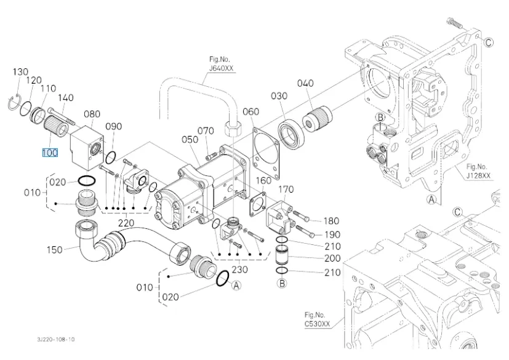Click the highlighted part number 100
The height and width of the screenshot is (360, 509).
(50, 153)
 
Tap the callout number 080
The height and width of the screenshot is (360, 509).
(92, 114)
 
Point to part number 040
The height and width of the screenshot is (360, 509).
(306, 83)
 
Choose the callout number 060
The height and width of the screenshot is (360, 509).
(250, 111)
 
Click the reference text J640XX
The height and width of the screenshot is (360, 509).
(221, 68)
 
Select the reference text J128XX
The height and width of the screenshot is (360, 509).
(478, 175)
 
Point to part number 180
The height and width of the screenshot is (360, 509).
(332, 220)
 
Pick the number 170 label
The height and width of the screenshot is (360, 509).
(286, 188)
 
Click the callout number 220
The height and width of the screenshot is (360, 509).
(127, 223)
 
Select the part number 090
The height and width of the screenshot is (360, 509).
(114, 126)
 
